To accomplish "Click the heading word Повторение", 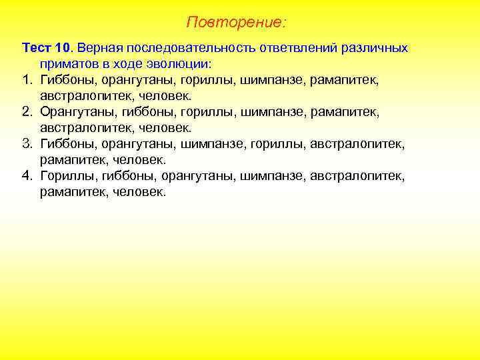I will tap(235, 23).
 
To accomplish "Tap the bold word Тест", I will tap(35, 49).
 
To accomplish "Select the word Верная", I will tap(101, 49).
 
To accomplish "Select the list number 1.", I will tap(27, 80).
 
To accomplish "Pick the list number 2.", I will tap(27, 112).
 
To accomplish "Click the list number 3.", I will tap(27, 144).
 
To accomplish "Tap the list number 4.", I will tap(27, 176).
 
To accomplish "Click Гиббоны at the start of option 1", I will tap(68, 80).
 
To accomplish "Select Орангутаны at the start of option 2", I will tap(78, 112).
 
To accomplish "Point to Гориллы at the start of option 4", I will tap(67, 176).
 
